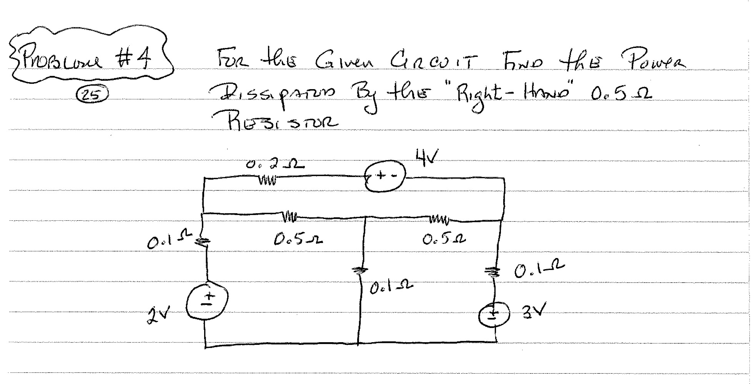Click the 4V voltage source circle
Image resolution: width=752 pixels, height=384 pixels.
385,176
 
